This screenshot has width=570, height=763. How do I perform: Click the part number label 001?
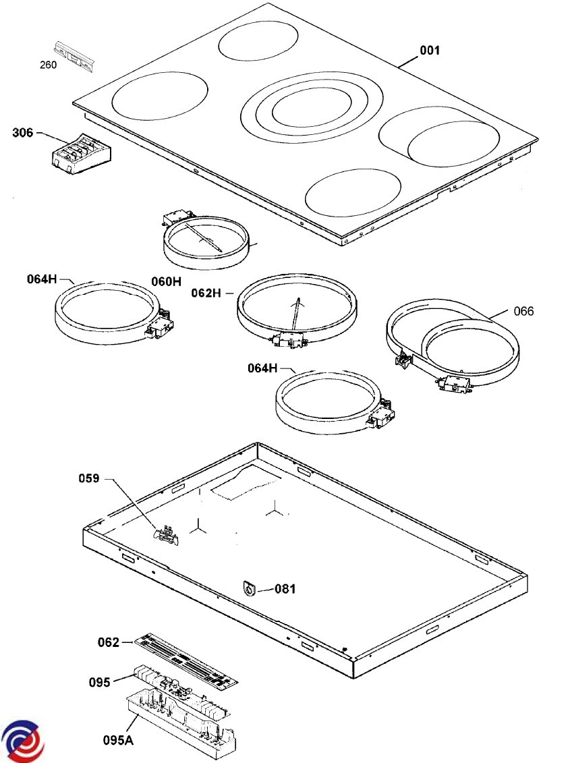click(x=430, y=50)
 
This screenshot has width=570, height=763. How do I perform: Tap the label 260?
click(x=48, y=65)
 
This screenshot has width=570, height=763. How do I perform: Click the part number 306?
click(x=22, y=133)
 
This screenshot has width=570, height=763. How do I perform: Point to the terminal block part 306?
click(x=80, y=153)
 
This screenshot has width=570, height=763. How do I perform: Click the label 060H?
click(x=166, y=281)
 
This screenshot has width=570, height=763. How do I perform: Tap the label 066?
click(x=523, y=311)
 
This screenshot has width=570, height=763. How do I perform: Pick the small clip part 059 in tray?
click(x=167, y=535)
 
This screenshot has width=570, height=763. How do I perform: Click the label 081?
click(x=285, y=589)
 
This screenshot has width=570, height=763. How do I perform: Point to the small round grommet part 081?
click(x=251, y=590)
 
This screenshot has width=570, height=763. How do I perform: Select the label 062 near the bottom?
click(x=108, y=642)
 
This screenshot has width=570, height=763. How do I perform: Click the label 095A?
click(x=119, y=740)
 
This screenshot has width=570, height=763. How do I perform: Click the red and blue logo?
click(x=22, y=741)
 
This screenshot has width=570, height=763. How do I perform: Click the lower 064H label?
click(x=263, y=368)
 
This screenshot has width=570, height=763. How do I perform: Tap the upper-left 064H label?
click(x=42, y=278)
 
